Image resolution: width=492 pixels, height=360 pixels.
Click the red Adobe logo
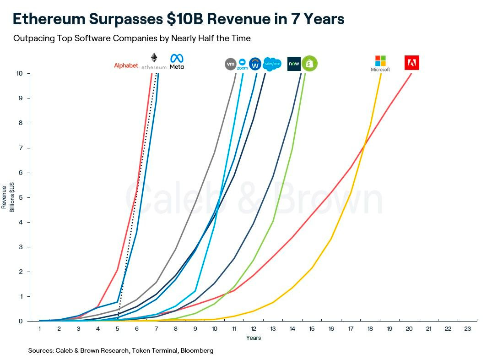pyautogui.click(x=411, y=63)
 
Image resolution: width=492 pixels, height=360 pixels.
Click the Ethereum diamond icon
pyautogui.click(x=154, y=58)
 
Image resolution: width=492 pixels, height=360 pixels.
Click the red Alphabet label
pyautogui.click(x=126, y=65)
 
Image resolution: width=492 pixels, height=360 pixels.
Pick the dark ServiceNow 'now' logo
pyautogui.click(x=293, y=64)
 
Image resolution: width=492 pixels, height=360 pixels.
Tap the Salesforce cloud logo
pyautogui.click(x=272, y=64)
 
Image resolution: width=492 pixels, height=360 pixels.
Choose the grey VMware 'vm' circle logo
pyautogui.click(x=231, y=64)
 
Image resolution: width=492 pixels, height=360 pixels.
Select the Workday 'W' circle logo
pyautogui.click(x=255, y=64)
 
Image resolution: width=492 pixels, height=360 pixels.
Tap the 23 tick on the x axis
pyautogui.click(x=467, y=329)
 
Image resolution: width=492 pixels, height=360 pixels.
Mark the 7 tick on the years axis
pyautogui.click(x=156, y=329)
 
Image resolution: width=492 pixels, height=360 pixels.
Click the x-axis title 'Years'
pyautogui.click(x=253, y=338)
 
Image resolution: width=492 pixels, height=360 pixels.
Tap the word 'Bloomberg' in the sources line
pyautogui.click(x=196, y=350)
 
